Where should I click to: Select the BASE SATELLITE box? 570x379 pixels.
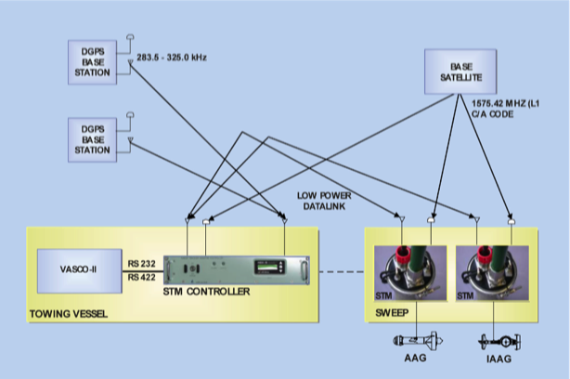(x=460, y=72)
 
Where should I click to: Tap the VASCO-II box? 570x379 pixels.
(x=78, y=270)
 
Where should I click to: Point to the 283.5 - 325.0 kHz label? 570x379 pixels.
(x=172, y=58)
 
